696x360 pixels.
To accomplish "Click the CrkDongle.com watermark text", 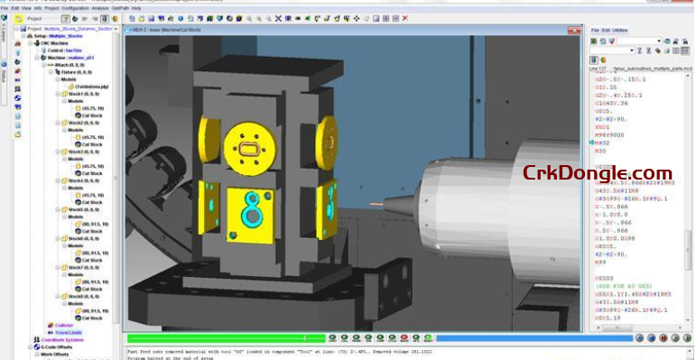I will (x=597, y=174).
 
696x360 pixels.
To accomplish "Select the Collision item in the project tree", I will (x=65, y=326).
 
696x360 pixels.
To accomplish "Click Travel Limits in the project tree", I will (x=69, y=333).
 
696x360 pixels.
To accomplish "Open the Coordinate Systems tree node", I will (x=64, y=340).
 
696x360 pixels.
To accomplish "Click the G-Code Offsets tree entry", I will (x=58, y=347).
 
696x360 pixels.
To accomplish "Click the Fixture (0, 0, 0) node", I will (x=80, y=72).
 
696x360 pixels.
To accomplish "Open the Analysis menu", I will (x=102, y=7).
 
